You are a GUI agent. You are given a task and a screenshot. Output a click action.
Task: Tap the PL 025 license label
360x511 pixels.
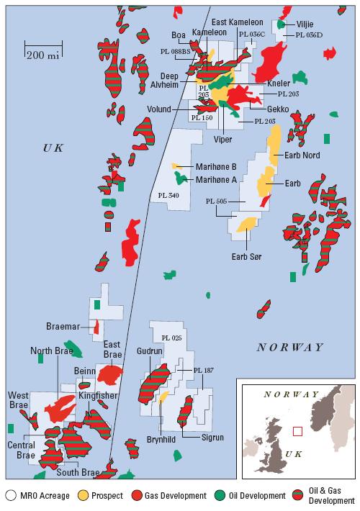point(172,338)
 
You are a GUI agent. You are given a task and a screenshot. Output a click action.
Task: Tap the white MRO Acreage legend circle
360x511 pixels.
point(11,496)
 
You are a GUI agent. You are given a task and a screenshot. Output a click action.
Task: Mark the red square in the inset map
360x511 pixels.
point(297,431)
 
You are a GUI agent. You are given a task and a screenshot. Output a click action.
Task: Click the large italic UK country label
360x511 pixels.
point(54,148)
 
